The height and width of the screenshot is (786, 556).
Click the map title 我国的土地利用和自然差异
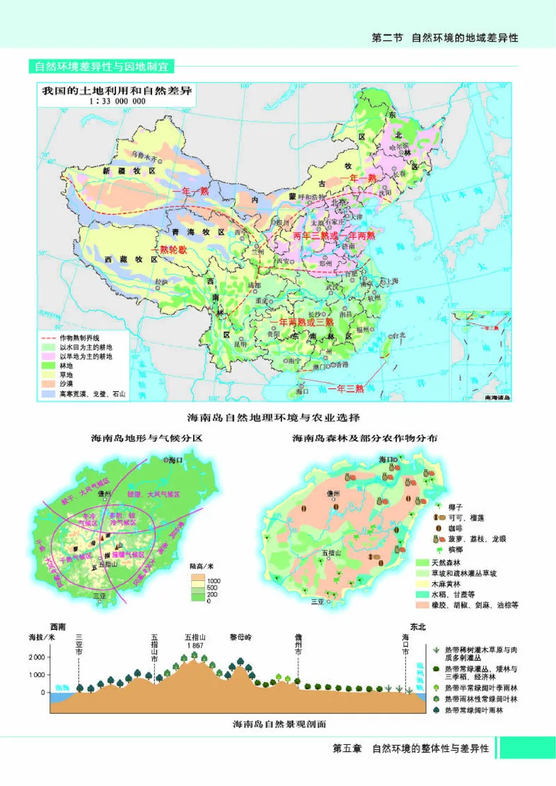click(116, 90)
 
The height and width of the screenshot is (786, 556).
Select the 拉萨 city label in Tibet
click(161, 281)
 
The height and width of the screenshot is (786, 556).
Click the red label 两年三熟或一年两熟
click(334, 236)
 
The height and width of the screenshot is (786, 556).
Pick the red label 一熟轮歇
click(169, 249)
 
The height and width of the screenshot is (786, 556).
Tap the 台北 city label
click(398, 336)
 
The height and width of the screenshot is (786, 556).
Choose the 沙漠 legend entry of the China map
click(67, 384)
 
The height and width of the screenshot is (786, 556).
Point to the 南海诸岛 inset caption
click(495, 398)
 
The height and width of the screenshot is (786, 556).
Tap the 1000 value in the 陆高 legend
click(213, 580)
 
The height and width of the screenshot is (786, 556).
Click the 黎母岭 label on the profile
click(244, 636)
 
